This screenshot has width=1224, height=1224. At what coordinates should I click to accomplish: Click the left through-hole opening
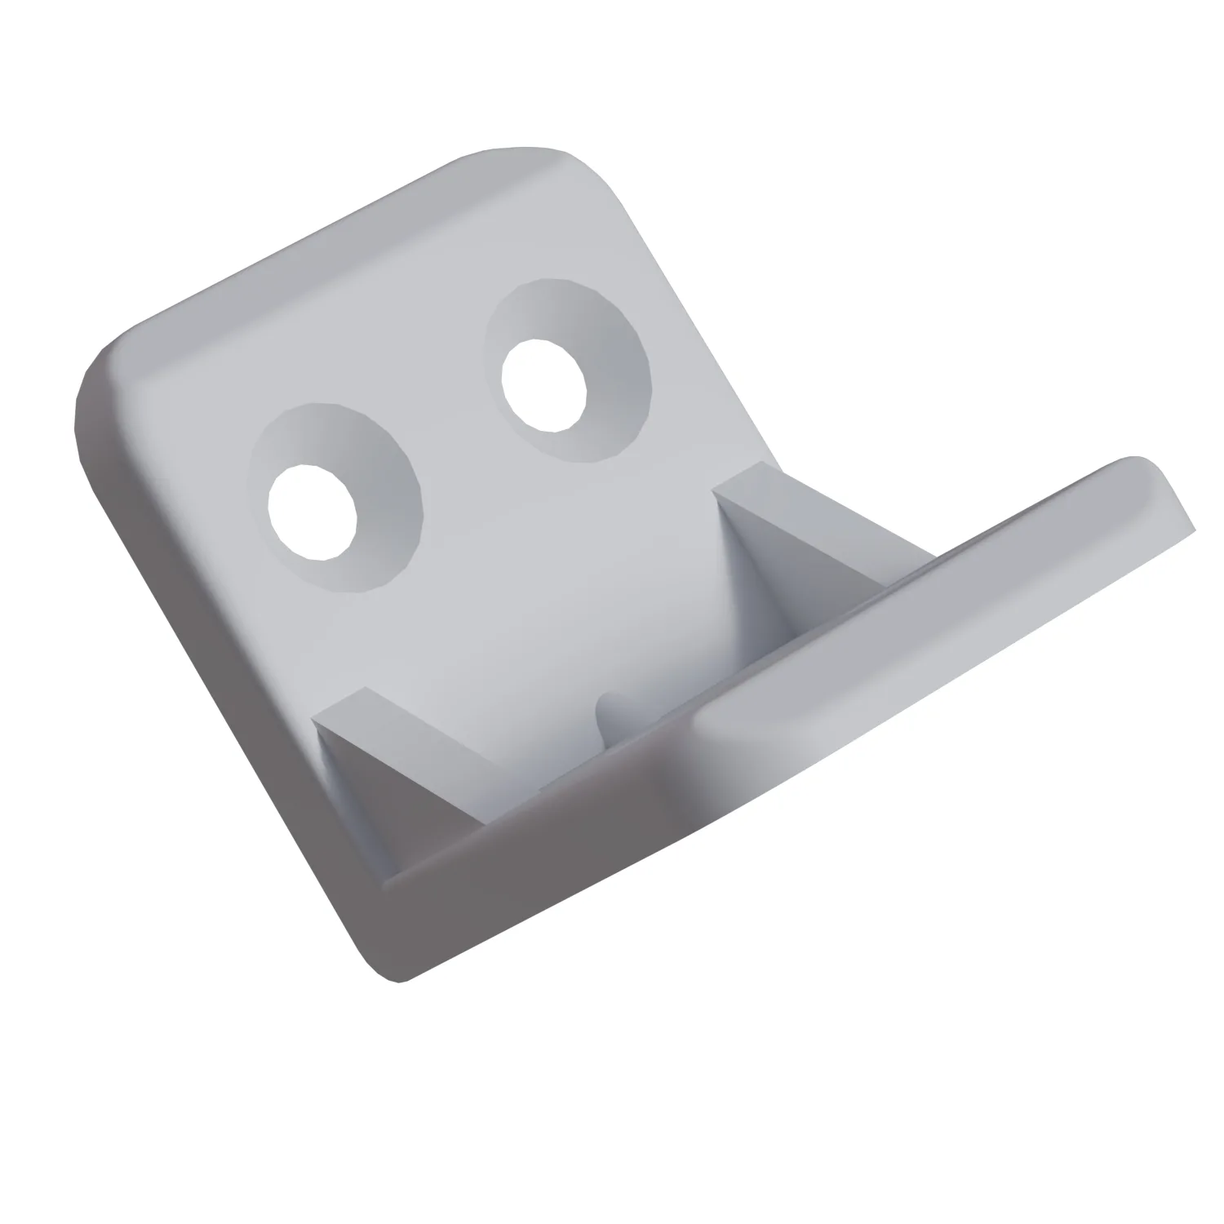point(312,512)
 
